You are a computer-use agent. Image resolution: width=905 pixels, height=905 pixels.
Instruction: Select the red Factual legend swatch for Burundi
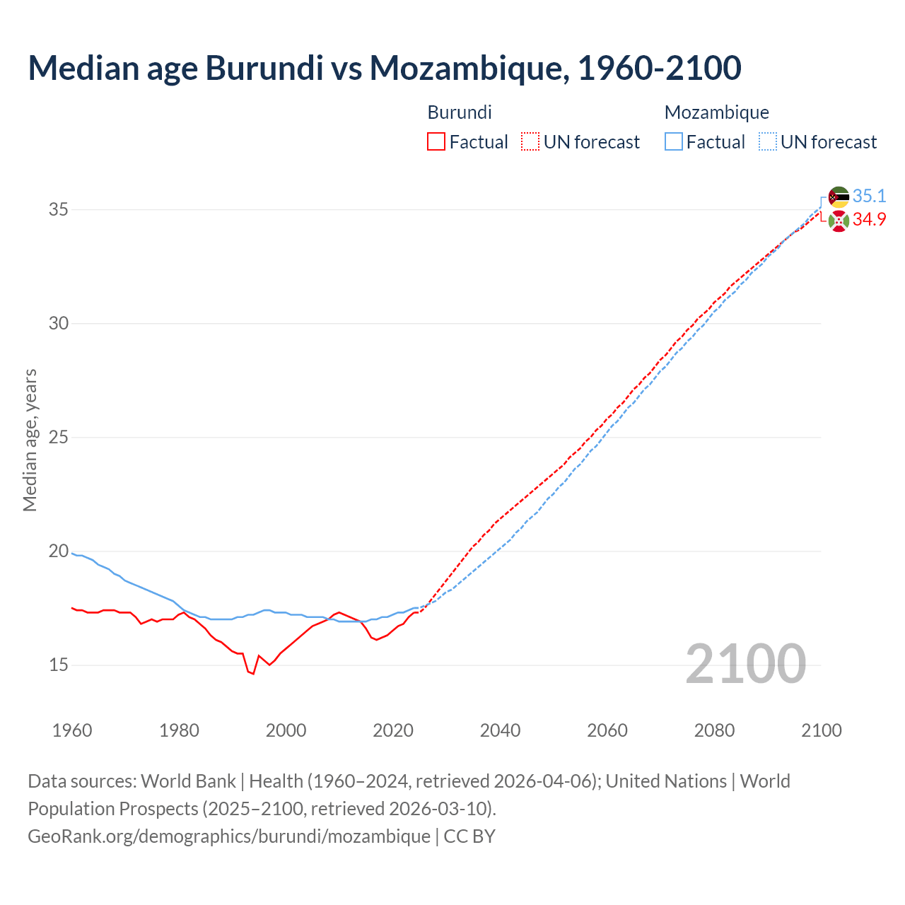click(x=436, y=142)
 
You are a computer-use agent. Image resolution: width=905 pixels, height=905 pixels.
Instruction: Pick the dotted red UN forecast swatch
click(x=530, y=142)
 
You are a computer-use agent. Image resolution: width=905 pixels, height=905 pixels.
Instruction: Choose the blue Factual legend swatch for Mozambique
click(x=674, y=142)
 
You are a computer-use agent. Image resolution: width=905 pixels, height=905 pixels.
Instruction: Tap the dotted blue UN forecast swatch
click(x=768, y=142)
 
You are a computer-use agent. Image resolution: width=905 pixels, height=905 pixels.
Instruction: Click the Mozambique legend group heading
click(x=716, y=112)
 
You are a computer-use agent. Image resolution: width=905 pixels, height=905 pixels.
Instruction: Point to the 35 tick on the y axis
click(x=59, y=210)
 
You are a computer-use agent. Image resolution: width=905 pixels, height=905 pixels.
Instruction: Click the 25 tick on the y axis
click(x=59, y=438)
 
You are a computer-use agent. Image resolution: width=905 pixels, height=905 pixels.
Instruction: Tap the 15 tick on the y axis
click(x=59, y=665)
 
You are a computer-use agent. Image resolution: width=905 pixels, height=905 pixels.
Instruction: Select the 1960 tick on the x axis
click(x=72, y=730)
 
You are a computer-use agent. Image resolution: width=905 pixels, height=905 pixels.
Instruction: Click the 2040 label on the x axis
click(x=500, y=730)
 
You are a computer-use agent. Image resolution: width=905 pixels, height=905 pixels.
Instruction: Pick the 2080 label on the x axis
click(x=714, y=730)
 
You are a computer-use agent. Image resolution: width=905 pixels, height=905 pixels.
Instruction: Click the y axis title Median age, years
click(x=30, y=440)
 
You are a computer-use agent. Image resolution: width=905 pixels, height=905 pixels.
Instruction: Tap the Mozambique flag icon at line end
click(x=839, y=197)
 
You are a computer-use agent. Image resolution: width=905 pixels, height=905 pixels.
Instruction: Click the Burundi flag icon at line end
click(x=839, y=221)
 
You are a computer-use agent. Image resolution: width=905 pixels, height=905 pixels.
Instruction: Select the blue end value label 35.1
click(x=869, y=196)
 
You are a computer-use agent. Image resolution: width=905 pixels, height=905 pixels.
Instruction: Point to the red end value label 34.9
click(x=869, y=220)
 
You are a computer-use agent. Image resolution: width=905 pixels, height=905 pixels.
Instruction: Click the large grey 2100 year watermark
click(x=746, y=663)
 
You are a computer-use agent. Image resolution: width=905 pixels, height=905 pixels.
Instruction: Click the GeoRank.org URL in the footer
click(x=228, y=836)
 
